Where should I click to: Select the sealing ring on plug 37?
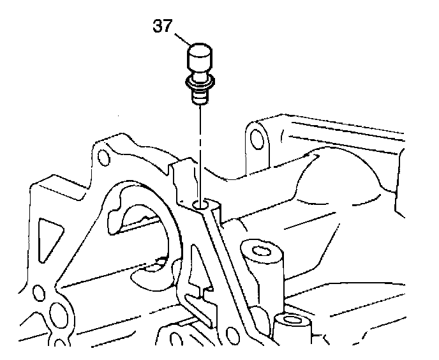[x=199, y=82]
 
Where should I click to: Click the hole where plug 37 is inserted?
[x=202, y=205]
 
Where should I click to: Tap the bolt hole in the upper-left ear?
[x=102, y=155]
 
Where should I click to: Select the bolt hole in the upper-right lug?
[x=256, y=138]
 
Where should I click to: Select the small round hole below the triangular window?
[x=38, y=292]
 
